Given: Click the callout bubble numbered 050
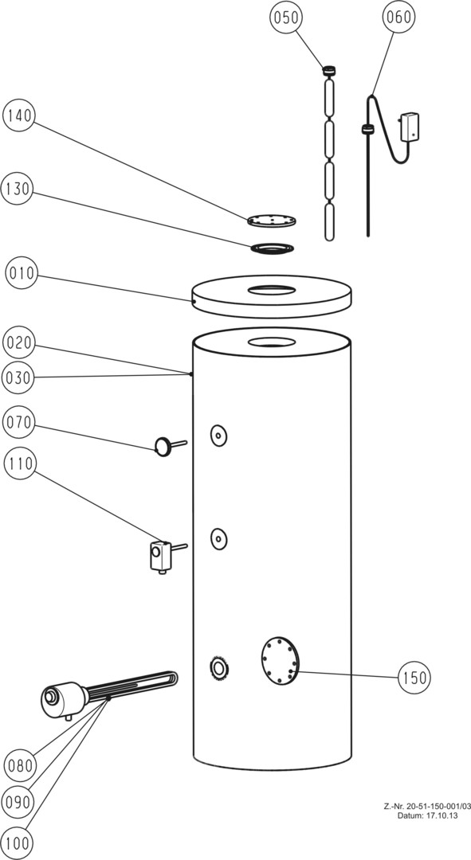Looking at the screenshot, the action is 287,18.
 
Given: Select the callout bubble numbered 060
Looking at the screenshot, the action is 398,18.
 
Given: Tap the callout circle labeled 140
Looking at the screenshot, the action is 19,116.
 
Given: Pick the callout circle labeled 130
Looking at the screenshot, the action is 18,189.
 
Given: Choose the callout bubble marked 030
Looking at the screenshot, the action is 18,377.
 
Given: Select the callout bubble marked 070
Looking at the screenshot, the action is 18,423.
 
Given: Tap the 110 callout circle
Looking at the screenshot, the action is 19,464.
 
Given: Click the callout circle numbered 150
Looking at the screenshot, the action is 414,678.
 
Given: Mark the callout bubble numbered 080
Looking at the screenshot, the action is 20,764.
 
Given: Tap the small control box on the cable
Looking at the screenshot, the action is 410,125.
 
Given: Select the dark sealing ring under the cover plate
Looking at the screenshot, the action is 273,248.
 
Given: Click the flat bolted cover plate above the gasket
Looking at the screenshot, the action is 272,221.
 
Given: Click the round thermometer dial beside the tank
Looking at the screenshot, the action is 163,447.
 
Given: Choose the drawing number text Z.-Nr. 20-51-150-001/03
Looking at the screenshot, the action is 427,807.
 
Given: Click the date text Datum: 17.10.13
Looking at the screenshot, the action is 427,815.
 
